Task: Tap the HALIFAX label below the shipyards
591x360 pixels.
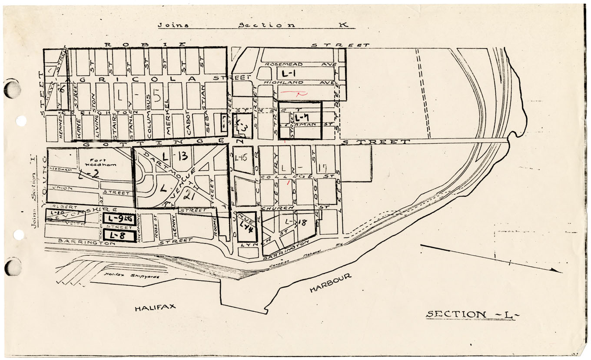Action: (155, 307)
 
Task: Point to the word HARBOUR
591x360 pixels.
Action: (330, 283)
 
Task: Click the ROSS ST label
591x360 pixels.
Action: (155, 228)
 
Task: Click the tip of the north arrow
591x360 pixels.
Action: (561, 272)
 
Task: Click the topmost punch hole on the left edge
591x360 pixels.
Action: (12, 89)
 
